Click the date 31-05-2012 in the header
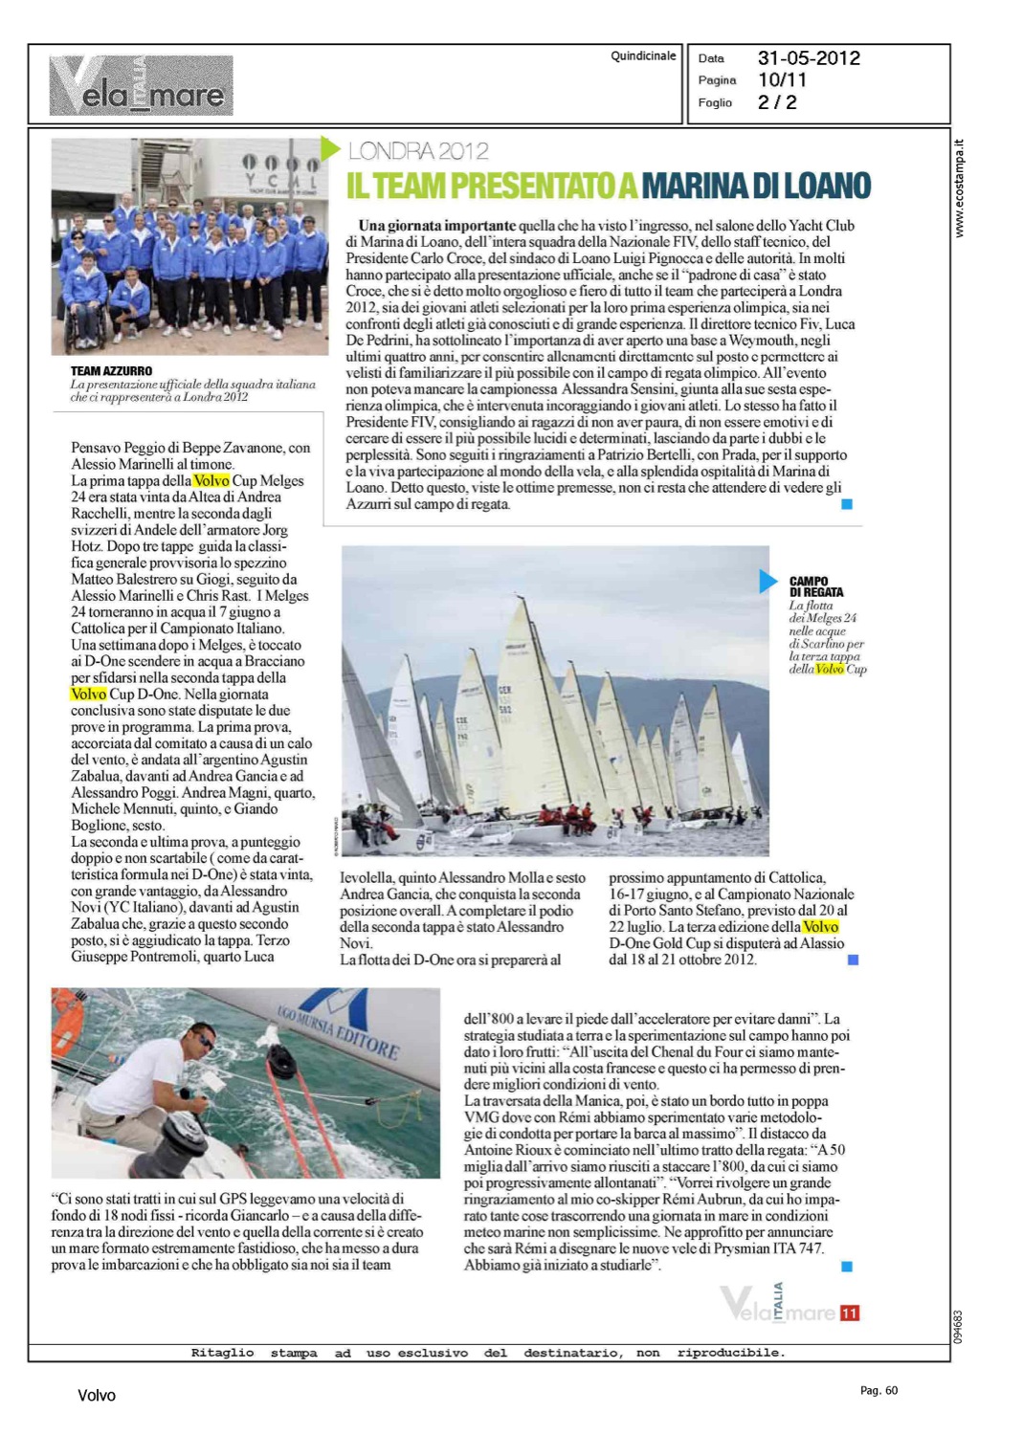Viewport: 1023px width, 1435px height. click(809, 58)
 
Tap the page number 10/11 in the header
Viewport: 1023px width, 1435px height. click(782, 80)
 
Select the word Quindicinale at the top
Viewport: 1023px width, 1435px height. click(643, 56)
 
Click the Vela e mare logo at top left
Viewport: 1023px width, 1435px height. click(142, 86)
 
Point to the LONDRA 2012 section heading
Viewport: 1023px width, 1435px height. click(418, 151)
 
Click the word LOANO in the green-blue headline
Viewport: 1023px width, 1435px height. click(824, 185)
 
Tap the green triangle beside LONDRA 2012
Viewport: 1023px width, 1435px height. click(330, 148)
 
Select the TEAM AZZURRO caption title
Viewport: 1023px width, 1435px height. click(111, 371)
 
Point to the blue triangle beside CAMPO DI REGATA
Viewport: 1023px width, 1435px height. click(767, 581)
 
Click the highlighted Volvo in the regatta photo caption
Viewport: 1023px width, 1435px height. click(830, 669)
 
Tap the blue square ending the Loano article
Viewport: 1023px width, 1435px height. click(846, 504)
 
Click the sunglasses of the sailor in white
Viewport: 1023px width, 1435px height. click(204, 1041)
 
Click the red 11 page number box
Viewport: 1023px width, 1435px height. click(850, 1313)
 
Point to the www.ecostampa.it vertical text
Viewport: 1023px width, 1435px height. click(960, 189)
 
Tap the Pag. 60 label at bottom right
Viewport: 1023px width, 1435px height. click(878, 1390)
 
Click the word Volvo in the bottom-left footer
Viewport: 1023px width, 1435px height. click(97, 1396)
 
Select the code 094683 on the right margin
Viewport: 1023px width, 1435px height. click(959, 1326)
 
